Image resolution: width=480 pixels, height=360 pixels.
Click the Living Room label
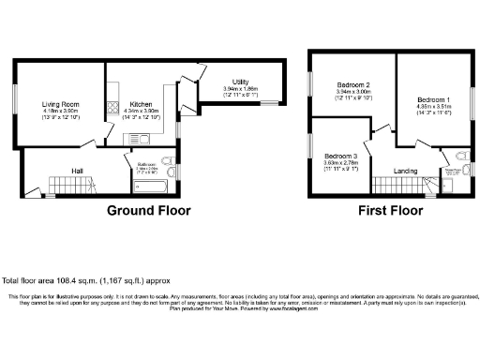tap(58, 104)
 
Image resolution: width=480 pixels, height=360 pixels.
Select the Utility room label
tap(234, 82)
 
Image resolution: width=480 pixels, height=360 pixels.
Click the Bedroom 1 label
tap(433, 98)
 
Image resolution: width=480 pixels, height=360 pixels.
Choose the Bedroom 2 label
tap(353, 84)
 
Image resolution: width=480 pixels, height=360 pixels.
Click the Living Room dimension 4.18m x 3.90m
tap(58, 112)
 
